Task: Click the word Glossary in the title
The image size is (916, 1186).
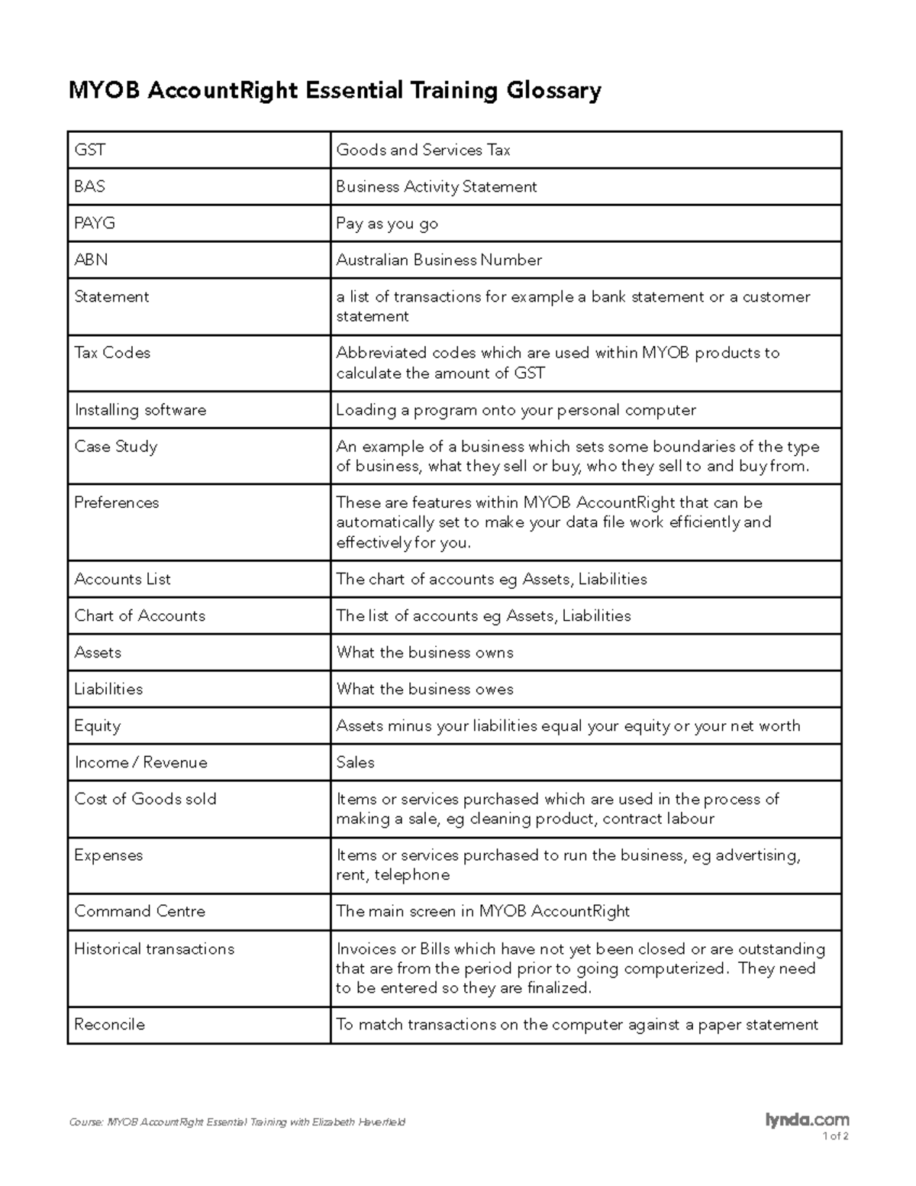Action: [x=553, y=91]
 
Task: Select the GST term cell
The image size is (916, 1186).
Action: [x=89, y=150]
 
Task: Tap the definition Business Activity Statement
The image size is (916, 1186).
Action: [x=437, y=186]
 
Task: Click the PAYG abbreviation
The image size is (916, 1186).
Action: [x=94, y=223]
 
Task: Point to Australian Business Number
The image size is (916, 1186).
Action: [x=439, y=260]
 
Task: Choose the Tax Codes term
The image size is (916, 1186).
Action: [x=112, y=353]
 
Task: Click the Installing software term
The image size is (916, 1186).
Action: [x=140, y=410]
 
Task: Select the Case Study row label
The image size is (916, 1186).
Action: [x=115, y=447]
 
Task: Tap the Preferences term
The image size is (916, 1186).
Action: [x=116, y=503]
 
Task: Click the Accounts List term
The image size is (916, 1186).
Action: [x=122, y=579]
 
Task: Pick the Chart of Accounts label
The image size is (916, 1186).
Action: [x=140, y=616]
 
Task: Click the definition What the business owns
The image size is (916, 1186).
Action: [x=424, y=652]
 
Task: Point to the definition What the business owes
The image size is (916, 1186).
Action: [x=424, y=689]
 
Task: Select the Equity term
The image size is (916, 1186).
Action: [x=97, y=725]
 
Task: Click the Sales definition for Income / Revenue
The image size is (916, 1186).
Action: [x=355, y=762]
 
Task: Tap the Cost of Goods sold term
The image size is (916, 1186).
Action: [x=145, y=799]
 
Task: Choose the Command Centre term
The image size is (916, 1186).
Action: [x=140, y=911]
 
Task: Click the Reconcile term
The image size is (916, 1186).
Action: [x=109, y=1024]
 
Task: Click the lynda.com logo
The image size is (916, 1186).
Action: [x=807, y=1120]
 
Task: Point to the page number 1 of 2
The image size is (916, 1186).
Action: [x=835, y=1136]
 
